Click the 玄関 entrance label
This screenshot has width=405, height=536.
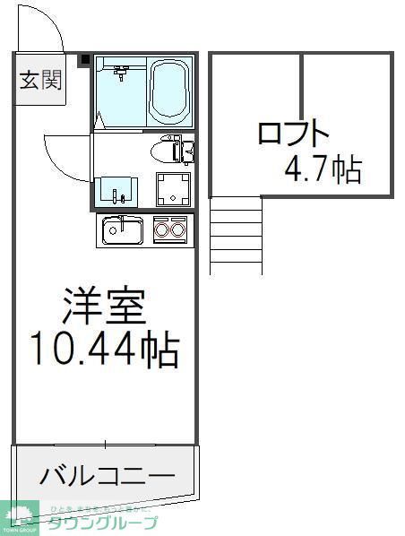click(40, 81)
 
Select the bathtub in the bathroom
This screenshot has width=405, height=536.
click(169, 91)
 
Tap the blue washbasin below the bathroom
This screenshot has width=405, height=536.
click(117, 189)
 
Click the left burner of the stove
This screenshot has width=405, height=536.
click(162, 230)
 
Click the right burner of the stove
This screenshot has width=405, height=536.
click(177, 230)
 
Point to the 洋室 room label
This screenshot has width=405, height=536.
click(103, 308)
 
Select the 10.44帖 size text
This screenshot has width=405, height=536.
click(103, 350)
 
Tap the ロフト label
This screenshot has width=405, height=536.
click(293, 134)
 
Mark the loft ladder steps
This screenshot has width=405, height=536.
click(236, 236)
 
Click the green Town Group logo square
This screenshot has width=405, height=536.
click(21, 516)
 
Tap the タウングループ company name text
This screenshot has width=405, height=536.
click(103, 523)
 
